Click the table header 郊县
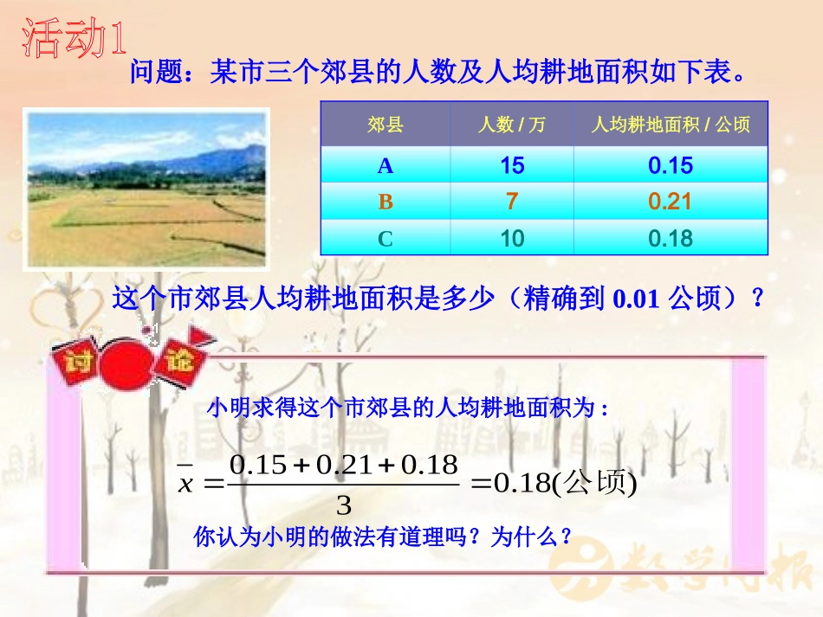click(385, 125)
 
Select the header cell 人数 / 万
click(512, 125)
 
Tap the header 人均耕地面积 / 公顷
click(671, 125)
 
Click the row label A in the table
click(385, 166)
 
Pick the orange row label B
click(386, 202)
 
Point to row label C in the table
click(386, 239)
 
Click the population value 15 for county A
click(512, 166)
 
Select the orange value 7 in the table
click(512, 202)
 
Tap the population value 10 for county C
click(512, 239)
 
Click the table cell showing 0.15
click(671, 166)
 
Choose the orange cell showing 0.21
click(671, 202)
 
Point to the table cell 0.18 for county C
click(671, 239)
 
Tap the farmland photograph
click(146, 188)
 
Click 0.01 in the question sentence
click(637, 300)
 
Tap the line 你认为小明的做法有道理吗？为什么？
click(384, 537)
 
